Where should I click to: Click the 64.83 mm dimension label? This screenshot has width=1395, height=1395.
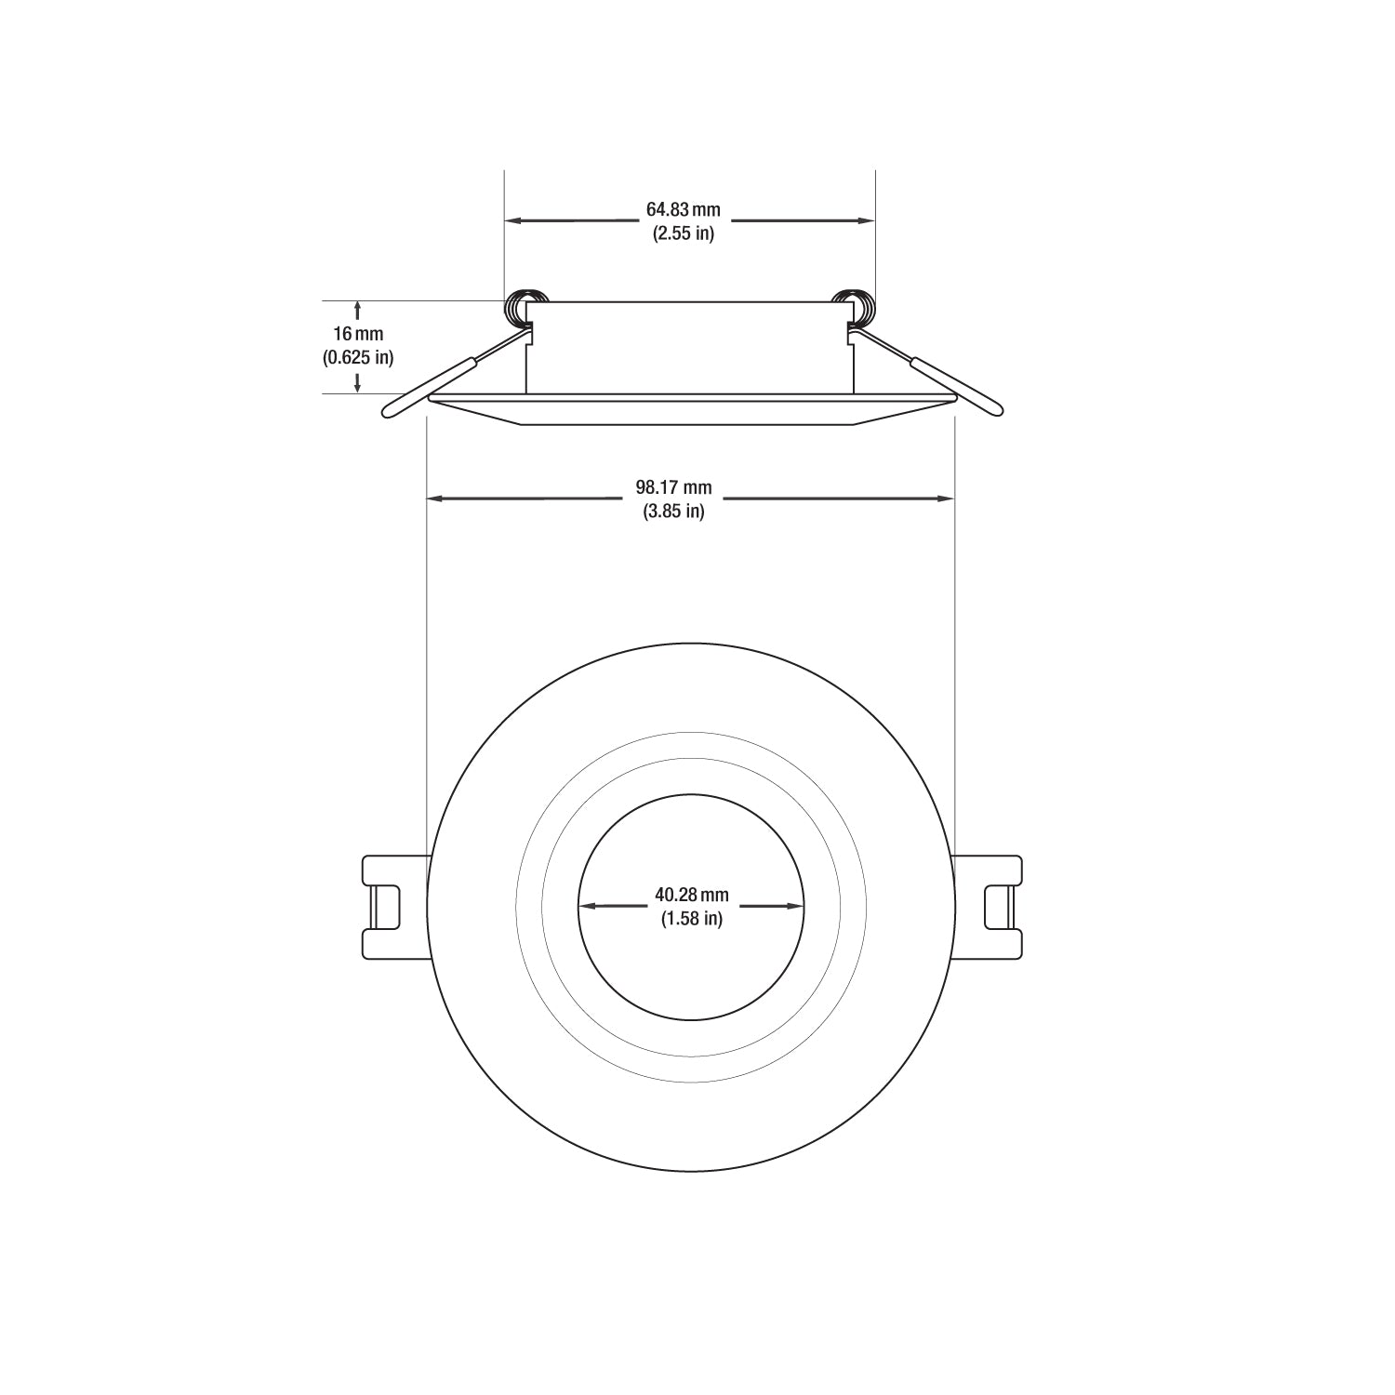coord(684,210)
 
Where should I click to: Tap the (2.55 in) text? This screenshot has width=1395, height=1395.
coord(684,233)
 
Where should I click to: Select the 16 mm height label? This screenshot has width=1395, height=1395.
coord(358,334)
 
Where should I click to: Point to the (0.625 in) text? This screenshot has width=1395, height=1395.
coord(358,357)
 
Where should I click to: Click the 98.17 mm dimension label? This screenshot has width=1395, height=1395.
coord(673,487)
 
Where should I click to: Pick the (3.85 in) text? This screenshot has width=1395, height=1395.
coord(673,511)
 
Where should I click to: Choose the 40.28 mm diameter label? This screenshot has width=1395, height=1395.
coord(692,896)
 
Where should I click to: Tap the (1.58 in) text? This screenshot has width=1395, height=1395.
coord(692,919)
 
